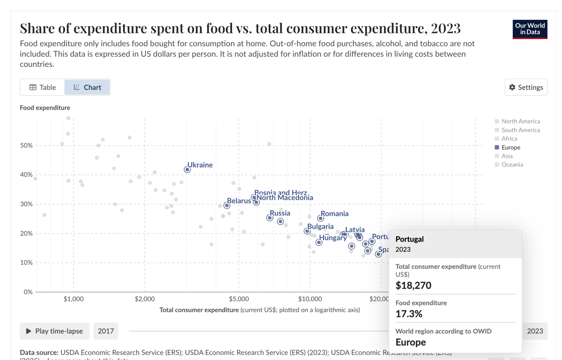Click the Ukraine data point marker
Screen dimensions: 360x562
tap(187, 170)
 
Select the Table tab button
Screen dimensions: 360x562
tap(42, 87)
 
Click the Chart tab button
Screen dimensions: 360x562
tap(87, 87)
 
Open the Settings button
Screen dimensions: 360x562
tap(526, 87)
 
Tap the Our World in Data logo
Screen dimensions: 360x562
tap(530, 29)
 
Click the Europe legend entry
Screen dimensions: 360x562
tap(510, 147)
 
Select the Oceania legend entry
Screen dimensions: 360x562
tap(512, 165)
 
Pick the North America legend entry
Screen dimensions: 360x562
tap(520, 121)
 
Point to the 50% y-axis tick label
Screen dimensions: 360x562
tap(26, 146)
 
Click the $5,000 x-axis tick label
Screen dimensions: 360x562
tap(239, 299)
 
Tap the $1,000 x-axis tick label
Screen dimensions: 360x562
tap(74, 299)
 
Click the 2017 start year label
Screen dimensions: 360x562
tap(106, 331)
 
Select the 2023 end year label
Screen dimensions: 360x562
tap(535, 331)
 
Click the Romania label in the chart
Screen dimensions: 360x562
tap(335, 213)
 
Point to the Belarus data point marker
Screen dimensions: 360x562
tap(227, 205)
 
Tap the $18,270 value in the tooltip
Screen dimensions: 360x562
tap(413, 285)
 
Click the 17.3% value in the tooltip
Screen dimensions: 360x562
tap(409, 314)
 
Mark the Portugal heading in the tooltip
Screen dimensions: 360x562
tap(409, 239)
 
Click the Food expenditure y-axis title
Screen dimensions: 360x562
tap(45, 108)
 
